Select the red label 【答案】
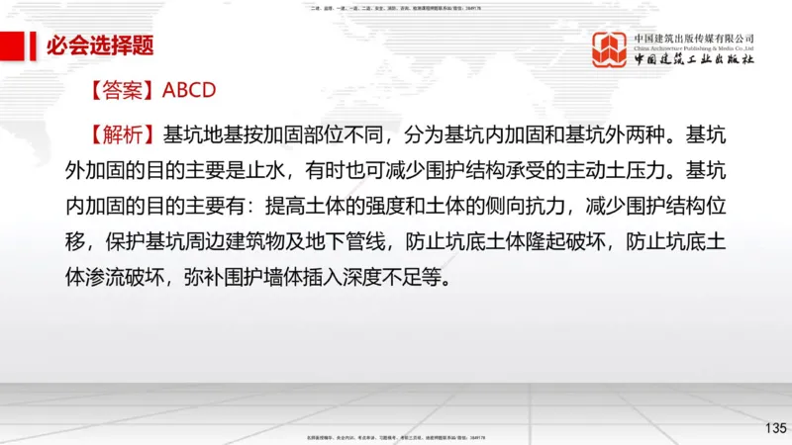[124, 90]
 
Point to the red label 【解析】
[124, 133]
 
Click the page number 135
[775, 427]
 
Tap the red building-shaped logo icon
[609, 49]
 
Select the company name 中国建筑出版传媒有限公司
[695, 37]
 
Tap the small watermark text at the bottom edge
[396, 436]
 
